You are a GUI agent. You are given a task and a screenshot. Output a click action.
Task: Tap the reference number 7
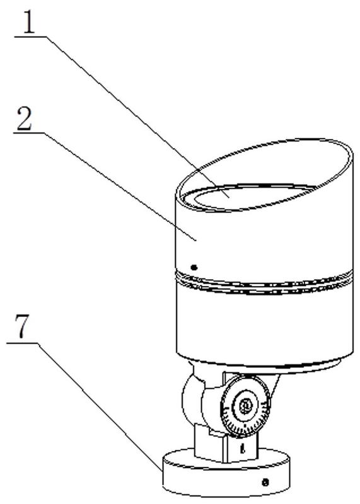(x=21, y=326)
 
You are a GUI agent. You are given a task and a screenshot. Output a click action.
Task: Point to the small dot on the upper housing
(x=194, y=266)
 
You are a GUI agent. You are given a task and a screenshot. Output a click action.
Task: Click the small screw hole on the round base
(x=265, y=482)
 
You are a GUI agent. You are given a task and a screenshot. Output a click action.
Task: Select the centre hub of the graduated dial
(x=245, y=406)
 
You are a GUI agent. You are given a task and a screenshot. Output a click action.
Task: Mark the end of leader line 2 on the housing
(x=195, y=240)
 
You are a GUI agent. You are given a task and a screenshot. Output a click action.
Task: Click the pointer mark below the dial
(x=243, y=449)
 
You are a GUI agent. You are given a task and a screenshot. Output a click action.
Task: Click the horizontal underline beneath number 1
(x=30, y=37)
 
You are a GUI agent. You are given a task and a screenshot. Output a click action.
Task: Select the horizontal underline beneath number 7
(x=22, y=343)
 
